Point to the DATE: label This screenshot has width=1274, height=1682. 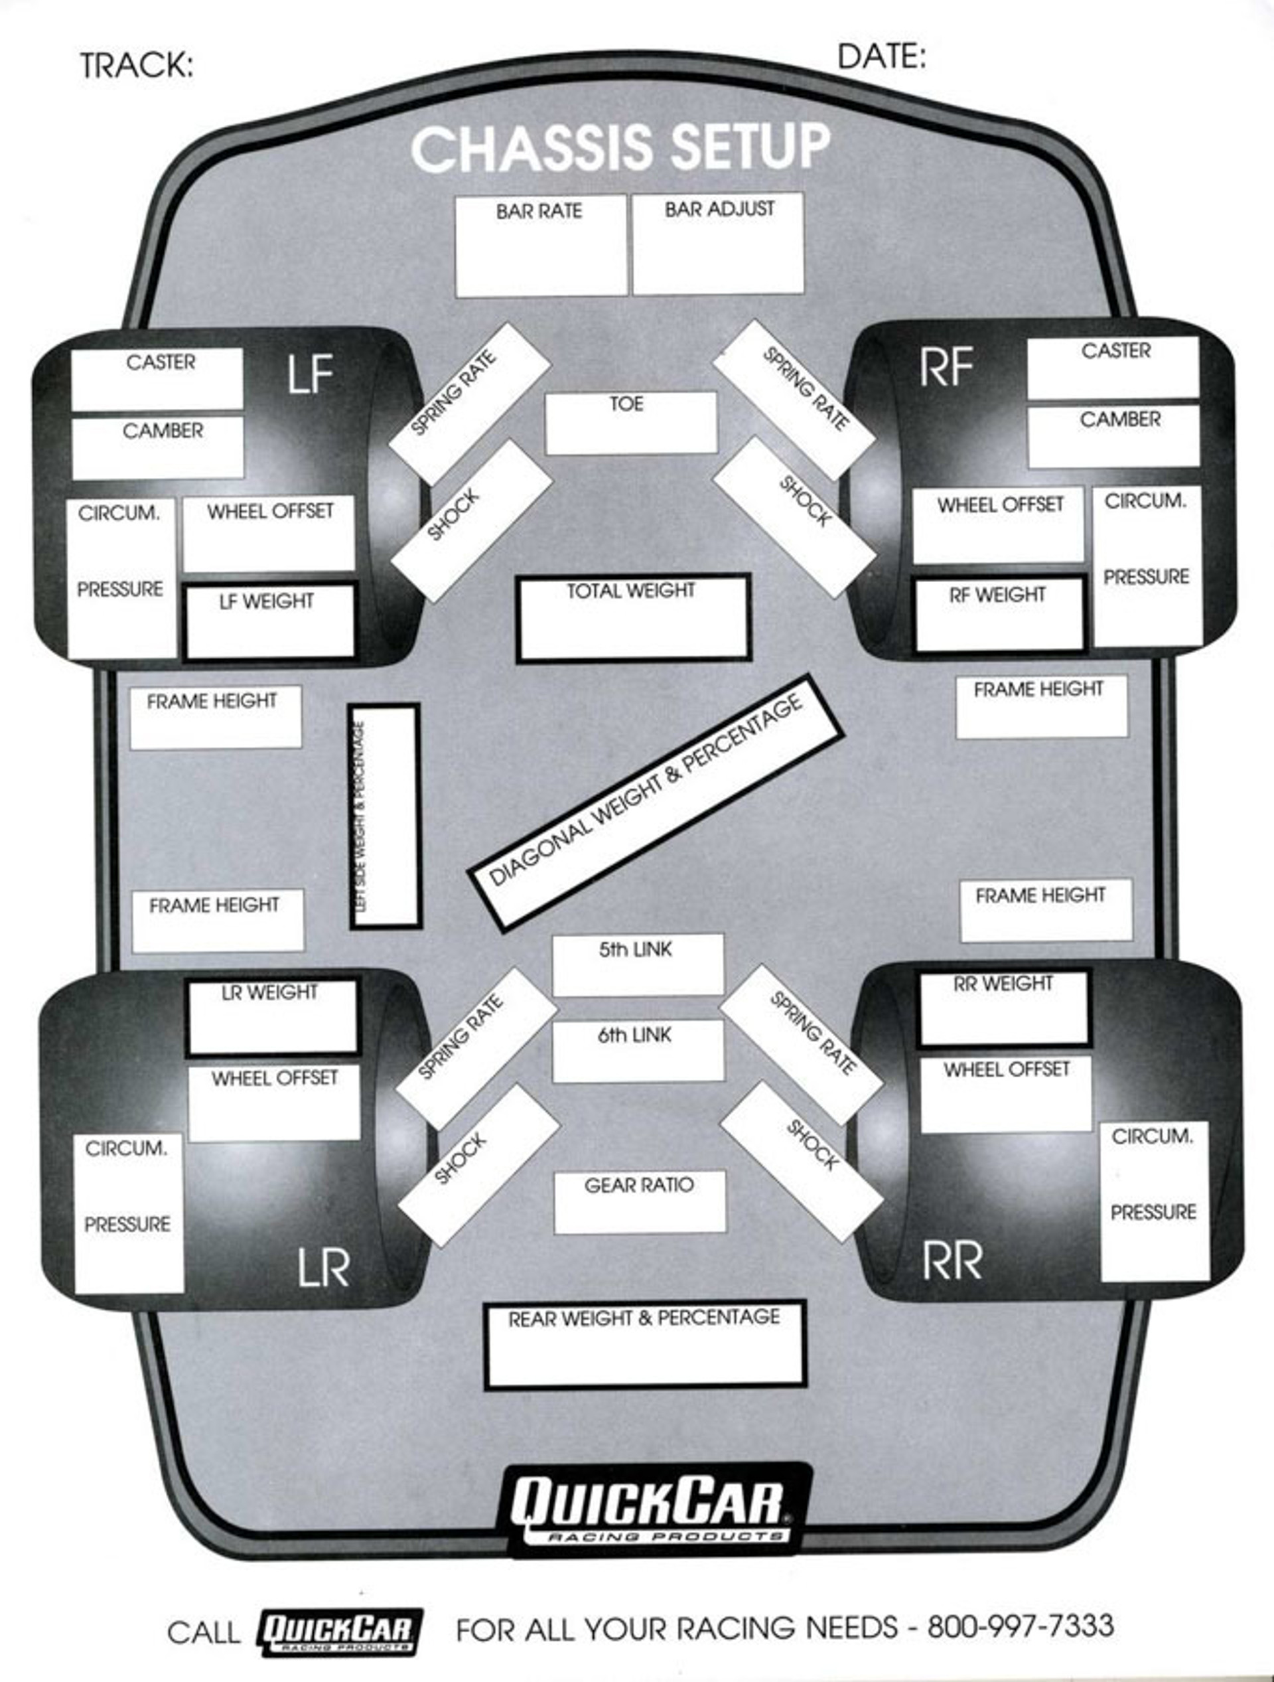pyautogui.click(x=881, y=56)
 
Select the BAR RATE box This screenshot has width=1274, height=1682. pyautogui.click(x=541, y=246)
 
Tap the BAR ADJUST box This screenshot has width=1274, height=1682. pyautogui.click(x=717, y=244)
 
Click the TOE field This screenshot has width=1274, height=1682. pyautogui.click(x=630, y=423)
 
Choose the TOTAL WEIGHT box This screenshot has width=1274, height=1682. pyautogui.click(x=632, y=618)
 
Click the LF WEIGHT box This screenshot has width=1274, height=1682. pyautogui.click(x=270, y=621)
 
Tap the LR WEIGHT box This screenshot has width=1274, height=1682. pyautogui.click(x=272, y=1016)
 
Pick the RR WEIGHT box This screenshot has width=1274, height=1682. pyautogui.click(x=1004, y=1008)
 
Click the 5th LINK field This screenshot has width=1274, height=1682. pyautogui.click(x=637, y=965)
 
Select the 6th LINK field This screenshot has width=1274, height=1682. pyautogui.click(x=637, y=1050)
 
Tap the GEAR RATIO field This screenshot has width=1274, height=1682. pyautogui.click(x=639, y=1201)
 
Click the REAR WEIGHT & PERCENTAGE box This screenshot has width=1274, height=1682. pyautogui.click(x=644, y=1343)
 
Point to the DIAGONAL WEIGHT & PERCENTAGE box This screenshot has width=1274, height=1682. pyautogui.click(x=655, y=803)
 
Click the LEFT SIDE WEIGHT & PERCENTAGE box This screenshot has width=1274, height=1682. pyautogui.click(x=385, y=816)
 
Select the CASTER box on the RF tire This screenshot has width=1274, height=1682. pyautogui.click(x=1113, y=368)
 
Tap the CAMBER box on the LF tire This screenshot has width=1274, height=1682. pyautogui.click(x=157, y=448)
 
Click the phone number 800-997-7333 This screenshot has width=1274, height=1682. pyautogui.click(x=1020, y=1626)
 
